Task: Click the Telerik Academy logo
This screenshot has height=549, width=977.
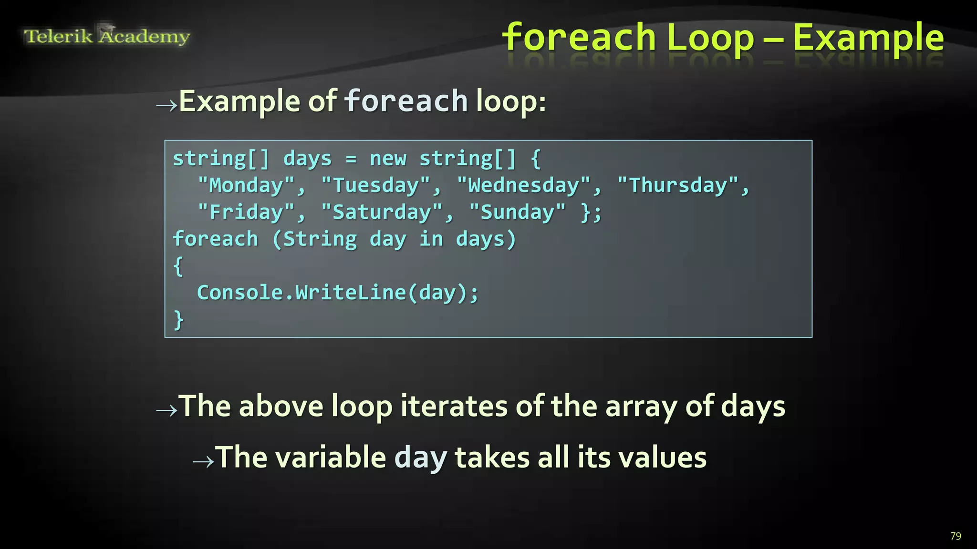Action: (107, 36)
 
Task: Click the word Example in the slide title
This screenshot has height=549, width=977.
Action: (868, 38)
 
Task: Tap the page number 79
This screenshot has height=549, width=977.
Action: (956, 536)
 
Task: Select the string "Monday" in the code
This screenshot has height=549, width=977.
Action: (246, 185)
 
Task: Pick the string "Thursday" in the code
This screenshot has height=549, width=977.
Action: (678, 185)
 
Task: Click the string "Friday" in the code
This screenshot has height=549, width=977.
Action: (246, 213)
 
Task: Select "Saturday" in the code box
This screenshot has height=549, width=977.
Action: (382, 213)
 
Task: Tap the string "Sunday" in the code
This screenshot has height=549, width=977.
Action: (518, 213)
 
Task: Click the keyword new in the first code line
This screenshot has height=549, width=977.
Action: (388, 159)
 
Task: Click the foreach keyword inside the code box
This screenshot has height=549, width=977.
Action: (215, 239)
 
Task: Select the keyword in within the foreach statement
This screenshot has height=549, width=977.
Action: (431, 239)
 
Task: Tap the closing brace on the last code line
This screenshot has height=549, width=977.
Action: (178, 320)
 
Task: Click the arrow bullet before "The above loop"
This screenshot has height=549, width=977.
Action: (166, 410)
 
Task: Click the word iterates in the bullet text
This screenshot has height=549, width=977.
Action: (454, 407)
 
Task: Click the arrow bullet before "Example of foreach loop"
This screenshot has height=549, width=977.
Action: (166, 105)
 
